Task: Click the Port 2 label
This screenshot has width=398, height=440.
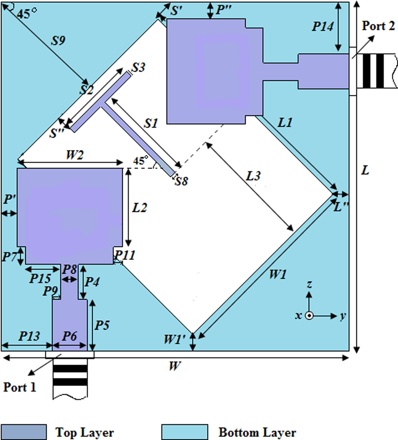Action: coord(378,26)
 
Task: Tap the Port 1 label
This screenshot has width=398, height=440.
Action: coord(20,387)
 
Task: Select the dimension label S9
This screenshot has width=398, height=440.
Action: coord(58,41)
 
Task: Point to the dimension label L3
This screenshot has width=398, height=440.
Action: coord(253,176)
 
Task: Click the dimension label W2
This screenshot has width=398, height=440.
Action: coord(74,155)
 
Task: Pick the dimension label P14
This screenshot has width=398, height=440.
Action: coord(323,26)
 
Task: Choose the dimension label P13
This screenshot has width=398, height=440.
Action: coord(29,336)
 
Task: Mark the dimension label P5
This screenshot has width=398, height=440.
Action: coord(102,325)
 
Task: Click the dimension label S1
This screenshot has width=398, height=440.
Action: coord(151,123)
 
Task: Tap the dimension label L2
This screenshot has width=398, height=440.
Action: coord(140,208)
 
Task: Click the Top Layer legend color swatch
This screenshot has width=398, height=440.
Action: coord(24,432)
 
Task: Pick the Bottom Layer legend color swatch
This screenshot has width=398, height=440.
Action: coord(185,432)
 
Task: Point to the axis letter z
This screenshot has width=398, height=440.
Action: coord(309,284)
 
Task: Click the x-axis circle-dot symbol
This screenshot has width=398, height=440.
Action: coord(309,316)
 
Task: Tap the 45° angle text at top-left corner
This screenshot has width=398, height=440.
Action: coord(27,13)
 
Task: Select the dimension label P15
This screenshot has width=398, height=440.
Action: coord(40,278)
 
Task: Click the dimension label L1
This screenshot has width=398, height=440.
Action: coord(285,123)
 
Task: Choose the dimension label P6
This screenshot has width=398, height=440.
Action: coord(70,336)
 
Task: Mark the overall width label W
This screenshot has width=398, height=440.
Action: coord(174,366)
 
